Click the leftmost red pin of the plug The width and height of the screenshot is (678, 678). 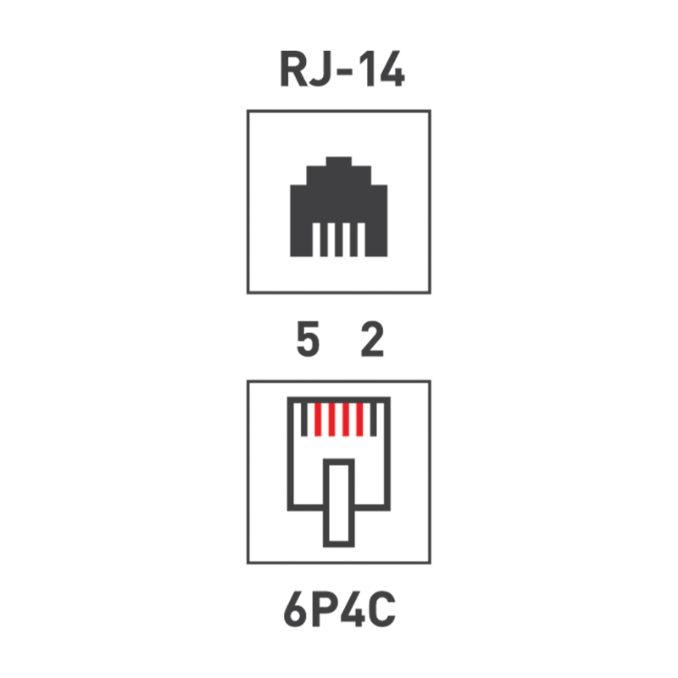point(317,419)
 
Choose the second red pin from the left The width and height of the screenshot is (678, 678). point(332,419)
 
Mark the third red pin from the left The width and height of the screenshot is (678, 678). point(347,419)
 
